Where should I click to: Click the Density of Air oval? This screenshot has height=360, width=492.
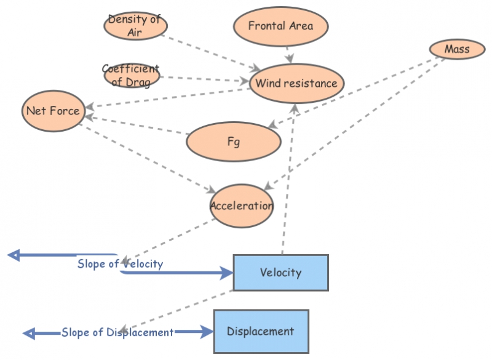click(135, 25)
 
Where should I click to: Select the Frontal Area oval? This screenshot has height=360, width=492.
click(280, 26)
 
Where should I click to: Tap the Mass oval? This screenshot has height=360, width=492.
click(456, 49)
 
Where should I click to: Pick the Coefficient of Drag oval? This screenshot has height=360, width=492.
click(131, 74)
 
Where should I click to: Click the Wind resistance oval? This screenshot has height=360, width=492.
click(296, 83)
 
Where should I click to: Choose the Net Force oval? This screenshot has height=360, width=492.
click(52, 111)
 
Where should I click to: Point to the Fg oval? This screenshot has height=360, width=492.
click(234, 141)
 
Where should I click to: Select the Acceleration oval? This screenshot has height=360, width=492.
click(241, 206)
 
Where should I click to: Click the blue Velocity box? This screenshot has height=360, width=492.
click(280, 272)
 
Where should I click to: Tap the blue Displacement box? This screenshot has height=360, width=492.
click(261, 331)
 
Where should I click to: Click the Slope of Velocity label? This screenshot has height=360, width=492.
click(120, 264)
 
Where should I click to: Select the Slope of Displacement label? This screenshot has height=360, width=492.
click(117, 332)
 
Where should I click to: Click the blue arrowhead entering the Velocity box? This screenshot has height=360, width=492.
click(226, 273)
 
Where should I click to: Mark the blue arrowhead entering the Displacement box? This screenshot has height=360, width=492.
click(207, 332)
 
